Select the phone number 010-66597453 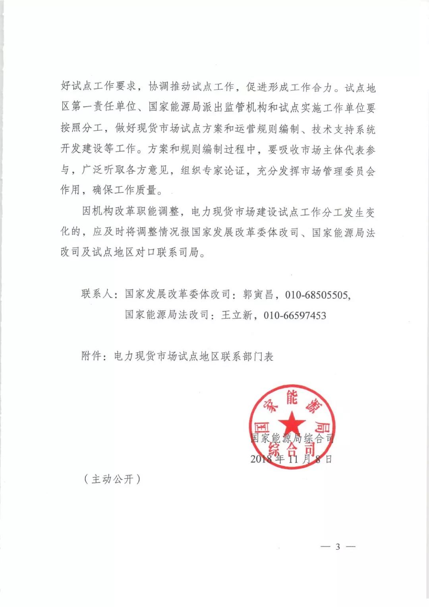pyautogui.click(x=295, y=316)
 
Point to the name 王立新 pyautogui.click(x=237, y=315)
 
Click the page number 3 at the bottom pyautogui.click(x=338, y=547)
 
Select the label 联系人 pyautogui.click(x=97, y=295)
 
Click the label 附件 pyautogui.click(x=92, y=356)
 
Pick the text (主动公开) pyautogui.click(x=112, y=479)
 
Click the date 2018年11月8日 pyautogui.click(x=291, y=459)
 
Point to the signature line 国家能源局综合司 pyautogui.click(x=292, y=439)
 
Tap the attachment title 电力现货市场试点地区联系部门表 pyautogui.click(x=194, y=356)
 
